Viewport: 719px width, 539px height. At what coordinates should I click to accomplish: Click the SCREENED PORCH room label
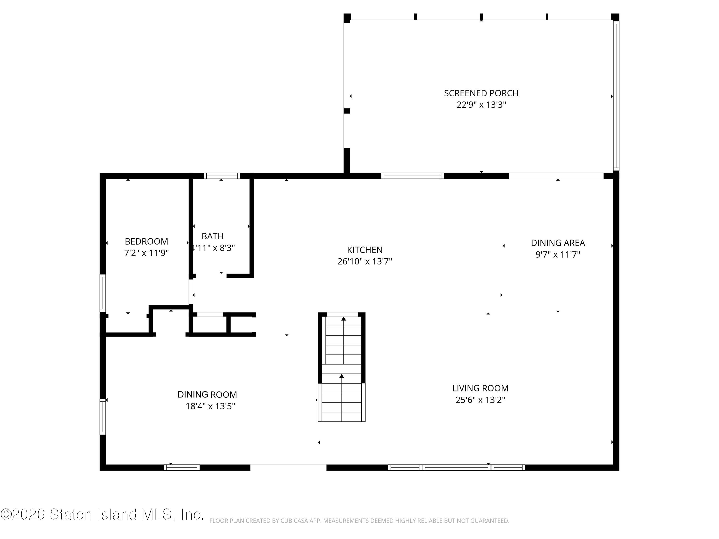[481, 93]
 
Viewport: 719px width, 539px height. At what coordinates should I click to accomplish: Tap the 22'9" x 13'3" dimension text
[481, 105]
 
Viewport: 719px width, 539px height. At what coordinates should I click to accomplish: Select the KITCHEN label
[365, 250]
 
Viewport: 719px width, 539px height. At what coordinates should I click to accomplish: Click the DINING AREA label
[558, 243]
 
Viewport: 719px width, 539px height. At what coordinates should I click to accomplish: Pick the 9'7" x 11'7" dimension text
[558, 254]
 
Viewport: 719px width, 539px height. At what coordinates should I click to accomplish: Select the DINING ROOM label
[207, 394]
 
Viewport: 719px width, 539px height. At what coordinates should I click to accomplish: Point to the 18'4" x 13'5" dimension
[210, 406]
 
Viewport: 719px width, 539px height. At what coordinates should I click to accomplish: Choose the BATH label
[213, 236]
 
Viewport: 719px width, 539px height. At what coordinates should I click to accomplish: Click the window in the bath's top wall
[222, 176]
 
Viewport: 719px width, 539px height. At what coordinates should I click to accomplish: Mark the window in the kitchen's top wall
[412, 176]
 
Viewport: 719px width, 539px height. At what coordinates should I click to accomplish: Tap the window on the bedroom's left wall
[103, 293]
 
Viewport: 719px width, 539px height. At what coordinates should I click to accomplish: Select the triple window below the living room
[456, 468]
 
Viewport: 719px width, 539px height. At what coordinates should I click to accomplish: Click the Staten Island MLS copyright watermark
[102, 514]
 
